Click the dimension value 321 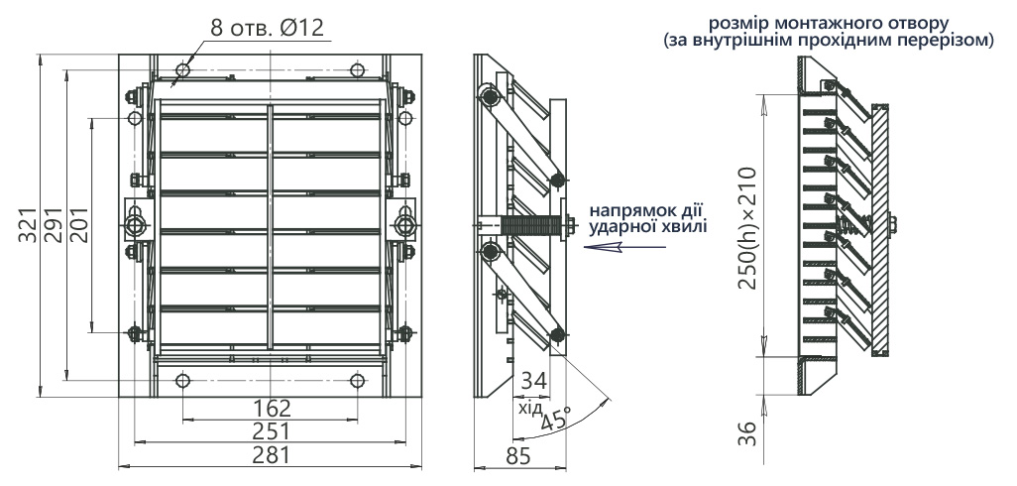[x=28, y=226]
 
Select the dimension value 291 [x=53, y=226]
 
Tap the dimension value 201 [x=78, y=225]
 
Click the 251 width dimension [x=272, y=430]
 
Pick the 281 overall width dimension [x=272, y=455]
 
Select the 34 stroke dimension [x=534, y=381]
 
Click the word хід [x=530, y=408]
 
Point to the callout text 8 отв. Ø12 [x=267, y=28]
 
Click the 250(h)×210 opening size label [x=746, y=228]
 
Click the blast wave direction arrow [x=623, y=247]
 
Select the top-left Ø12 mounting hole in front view [x=183, y=70]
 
